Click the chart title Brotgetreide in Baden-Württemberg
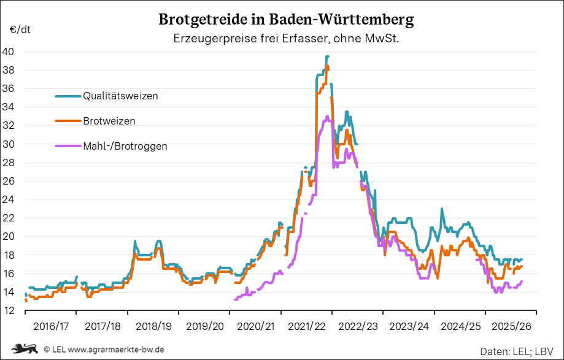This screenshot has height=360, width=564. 286,19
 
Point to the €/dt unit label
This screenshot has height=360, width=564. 20,29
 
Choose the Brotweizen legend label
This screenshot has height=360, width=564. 109,121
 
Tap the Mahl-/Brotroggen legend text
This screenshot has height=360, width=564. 125,146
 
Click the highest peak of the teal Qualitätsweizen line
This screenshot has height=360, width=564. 328,56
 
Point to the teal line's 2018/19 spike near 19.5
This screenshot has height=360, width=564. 135,242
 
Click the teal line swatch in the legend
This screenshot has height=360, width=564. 68,96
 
